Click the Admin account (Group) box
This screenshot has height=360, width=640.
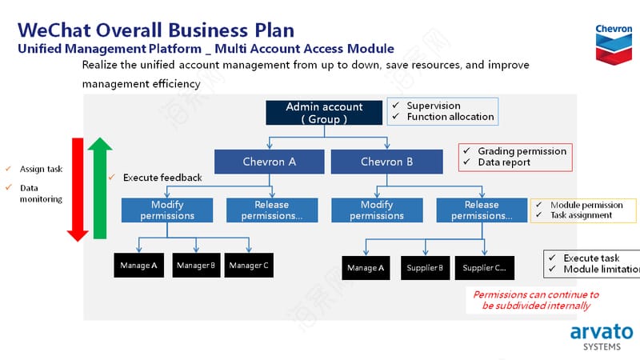[x=324, y=113]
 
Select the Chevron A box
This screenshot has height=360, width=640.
[x=270, y=162]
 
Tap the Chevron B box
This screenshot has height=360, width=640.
[x=387, y=162]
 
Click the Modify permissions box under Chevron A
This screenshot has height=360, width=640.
[x=167, y=210]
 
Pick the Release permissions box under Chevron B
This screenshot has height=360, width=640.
[x=482, y=210]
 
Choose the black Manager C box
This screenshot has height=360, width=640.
[x=249, y=266]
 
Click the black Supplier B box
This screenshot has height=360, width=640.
[x=425, y=268]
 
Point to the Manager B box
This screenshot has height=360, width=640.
[x=196, y=266]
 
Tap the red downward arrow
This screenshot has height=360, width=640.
[x=78, y=190]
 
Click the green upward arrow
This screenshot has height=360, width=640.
[x=100, y=188]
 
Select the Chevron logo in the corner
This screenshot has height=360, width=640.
[x=614, y=44]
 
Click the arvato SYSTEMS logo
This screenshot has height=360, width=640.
[x=602, y=337]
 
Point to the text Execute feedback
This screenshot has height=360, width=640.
[x=162, y=178]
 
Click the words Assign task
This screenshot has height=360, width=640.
[x=42, y=169]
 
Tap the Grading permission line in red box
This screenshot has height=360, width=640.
[x=522, y=151]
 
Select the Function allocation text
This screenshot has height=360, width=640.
[x=450, y=117]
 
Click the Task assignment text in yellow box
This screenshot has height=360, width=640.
[x=582, y=215]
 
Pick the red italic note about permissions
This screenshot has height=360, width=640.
[x=536, y=300]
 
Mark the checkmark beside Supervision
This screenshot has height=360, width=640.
[x=395, y=106]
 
